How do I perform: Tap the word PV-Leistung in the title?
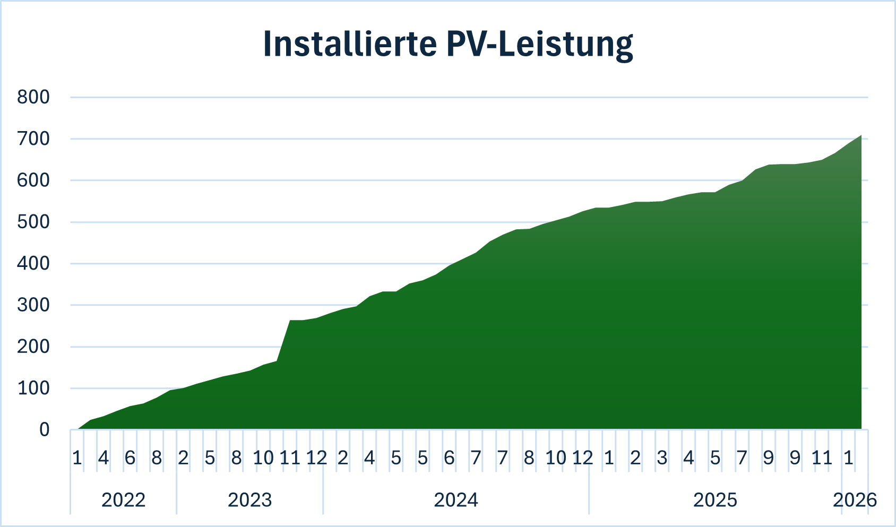click(540, 45)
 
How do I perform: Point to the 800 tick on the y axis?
click(33, 97)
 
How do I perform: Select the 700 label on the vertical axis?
click(33, 139)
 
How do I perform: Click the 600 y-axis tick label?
click(33, 180)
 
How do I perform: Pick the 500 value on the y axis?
click(33, 222)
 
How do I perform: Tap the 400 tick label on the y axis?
click(33, 263)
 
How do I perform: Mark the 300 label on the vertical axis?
click(33, 305)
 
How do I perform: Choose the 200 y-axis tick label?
click(33, 347)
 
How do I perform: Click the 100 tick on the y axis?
click(33, 388)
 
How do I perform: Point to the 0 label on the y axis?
click(45, 430)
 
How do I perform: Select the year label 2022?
click(123, 500)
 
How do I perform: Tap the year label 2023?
click(249, 500)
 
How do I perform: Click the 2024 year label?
click(456, 500)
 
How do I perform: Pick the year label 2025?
click(715, 500)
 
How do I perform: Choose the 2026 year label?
click(855, 500)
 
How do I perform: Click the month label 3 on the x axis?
click(662, 457)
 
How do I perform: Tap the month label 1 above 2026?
click(848, 457)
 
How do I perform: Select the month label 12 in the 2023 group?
click(316, 457)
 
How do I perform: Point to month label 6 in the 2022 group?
click(130, 457)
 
